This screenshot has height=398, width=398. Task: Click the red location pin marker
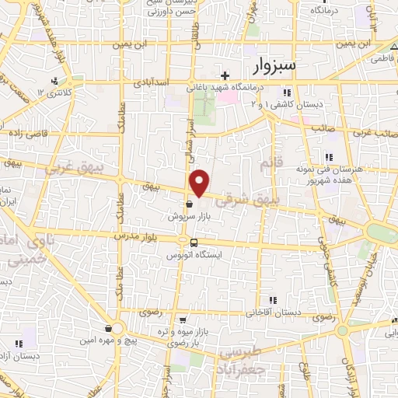click(201, 183)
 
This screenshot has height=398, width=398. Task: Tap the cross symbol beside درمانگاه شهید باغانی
click(225, 75)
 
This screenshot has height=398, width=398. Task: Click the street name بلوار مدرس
click(137, 235)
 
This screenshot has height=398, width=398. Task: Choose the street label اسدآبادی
click(148, 82)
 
